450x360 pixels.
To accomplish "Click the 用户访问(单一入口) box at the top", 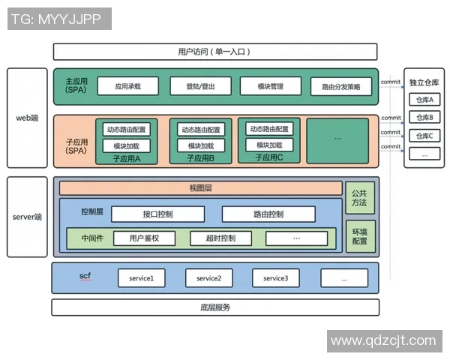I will coord(215,52).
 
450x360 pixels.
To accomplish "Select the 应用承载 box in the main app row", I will coord(127,86).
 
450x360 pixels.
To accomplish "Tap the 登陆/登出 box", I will coord(200,86).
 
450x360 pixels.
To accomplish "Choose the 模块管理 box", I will coord(270,86).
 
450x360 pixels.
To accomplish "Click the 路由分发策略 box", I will coord(341,87).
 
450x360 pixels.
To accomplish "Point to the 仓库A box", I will coord(424,99).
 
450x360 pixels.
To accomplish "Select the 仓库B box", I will coord(424,117).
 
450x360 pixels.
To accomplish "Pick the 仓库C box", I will coord(424,136).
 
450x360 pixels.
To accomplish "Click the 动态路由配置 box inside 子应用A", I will coord(127,129).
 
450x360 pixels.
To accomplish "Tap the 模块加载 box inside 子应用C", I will coord(269,145).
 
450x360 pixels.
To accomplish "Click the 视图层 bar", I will coord(200,188).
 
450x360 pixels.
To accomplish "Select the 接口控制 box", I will coord(157,214).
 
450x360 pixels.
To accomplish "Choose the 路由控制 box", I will coord(268,214).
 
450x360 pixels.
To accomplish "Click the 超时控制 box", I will coord(222,238).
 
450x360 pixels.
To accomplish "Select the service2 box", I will coord(208,278).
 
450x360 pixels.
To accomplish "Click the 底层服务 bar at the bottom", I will coord(215,307).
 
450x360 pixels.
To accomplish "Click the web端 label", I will coord(27,118).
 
